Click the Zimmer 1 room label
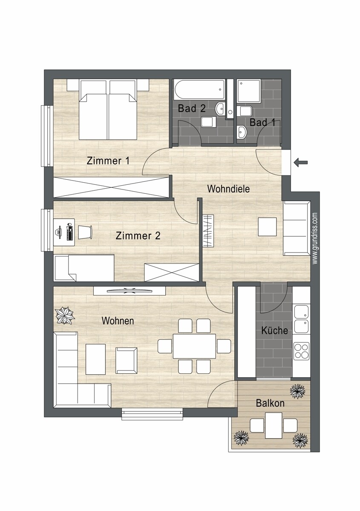coord(108,161)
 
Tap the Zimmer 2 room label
coord(138,235)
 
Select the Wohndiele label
coord(228,189)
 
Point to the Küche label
coord(274,330)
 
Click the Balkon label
coord(270,403)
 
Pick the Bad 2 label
coord(192,109)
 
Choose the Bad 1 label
coord(262,123)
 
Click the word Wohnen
coord(118,321)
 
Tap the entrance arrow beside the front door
coord(301,161)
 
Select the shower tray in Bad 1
coord(248,91)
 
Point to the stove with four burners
coord(301,351)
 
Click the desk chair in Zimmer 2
coord(84,232)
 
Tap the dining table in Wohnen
coord(194,346)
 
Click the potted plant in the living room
coord(65,316)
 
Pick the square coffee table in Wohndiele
coord(267,227)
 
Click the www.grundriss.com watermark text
coord(315,238)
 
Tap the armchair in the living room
coord(127,360)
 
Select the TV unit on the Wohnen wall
coord(129,290)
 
